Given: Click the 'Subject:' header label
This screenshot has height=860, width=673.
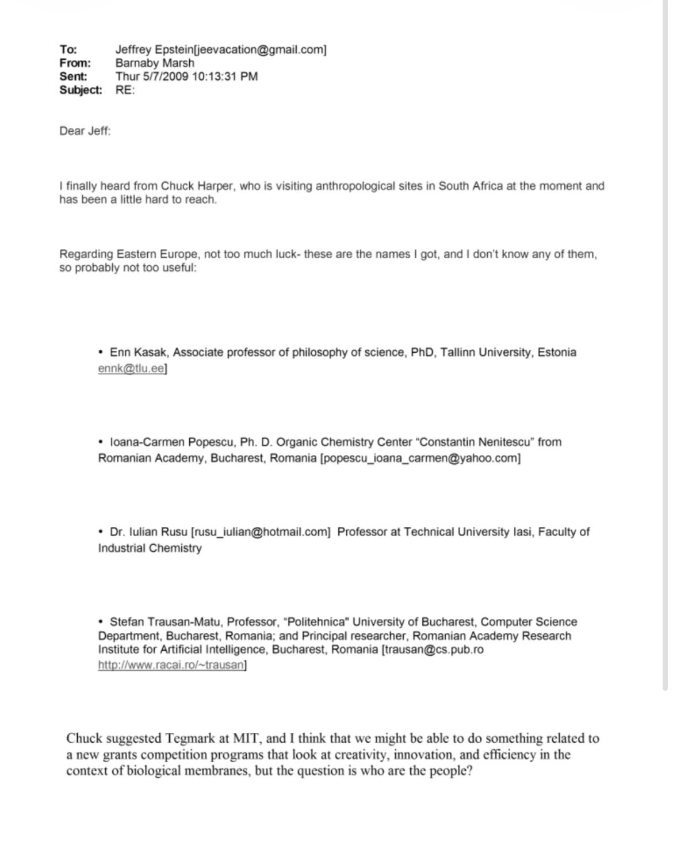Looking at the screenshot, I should coord(81,90).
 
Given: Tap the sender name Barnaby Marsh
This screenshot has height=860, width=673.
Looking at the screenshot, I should coord(155,63).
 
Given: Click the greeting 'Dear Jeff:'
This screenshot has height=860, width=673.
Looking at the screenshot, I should coord(85,131).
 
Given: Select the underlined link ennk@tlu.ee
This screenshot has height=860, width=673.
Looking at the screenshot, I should coord(131,368).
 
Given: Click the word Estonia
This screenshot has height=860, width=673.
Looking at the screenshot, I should coord(556,352).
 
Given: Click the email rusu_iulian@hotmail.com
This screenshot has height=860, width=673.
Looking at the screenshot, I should coord(261,532).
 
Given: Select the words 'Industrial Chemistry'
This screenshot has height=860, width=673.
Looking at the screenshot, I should coord(150,548).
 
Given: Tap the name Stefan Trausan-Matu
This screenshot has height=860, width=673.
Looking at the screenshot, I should coord(165,622).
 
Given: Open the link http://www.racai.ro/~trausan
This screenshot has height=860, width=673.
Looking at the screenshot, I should coord(171,665).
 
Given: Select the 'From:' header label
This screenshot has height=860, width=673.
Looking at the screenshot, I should coord(75,63).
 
